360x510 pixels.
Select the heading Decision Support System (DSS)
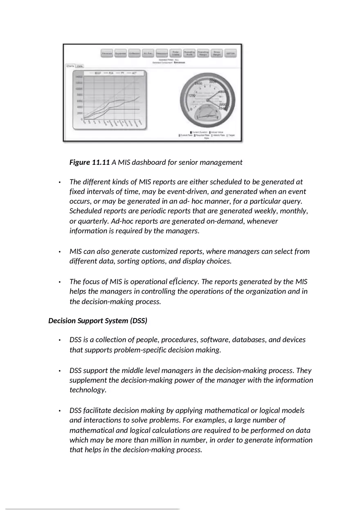(97, 321)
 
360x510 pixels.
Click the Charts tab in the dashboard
(70, 65)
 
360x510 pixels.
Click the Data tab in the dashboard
(80, 65)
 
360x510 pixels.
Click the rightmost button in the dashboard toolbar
(230, 54)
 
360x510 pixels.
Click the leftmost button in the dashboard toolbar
(107, 54)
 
